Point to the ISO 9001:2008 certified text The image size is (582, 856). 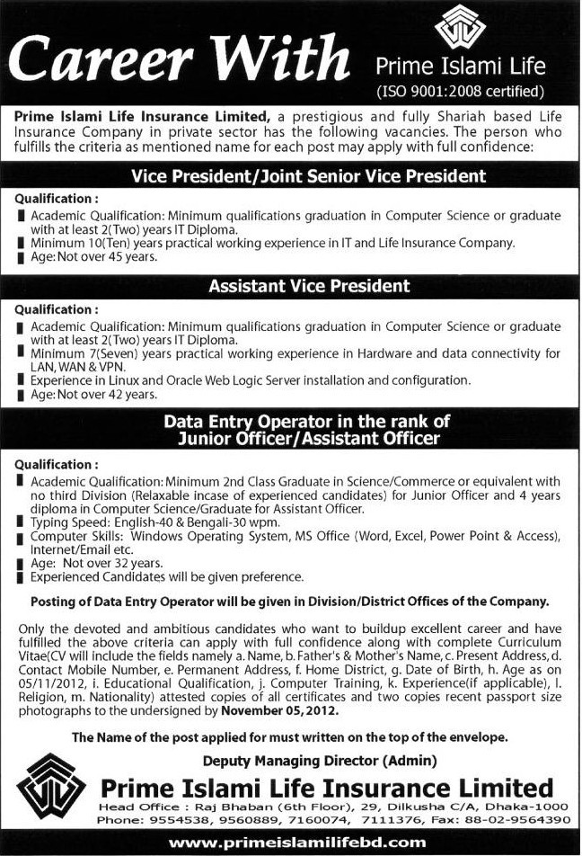462,90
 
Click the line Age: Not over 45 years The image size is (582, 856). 93,256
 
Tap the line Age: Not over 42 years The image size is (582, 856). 93,394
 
